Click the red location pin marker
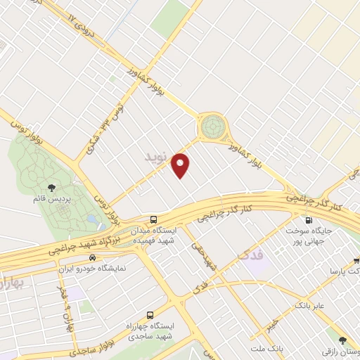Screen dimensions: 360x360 [x=181, y=165]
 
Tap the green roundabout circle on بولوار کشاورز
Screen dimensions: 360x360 [x=213, y=127]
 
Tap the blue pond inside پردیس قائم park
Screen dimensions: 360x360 [x=92, y=221]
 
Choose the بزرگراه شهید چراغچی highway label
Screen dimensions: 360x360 [x=84, y=241]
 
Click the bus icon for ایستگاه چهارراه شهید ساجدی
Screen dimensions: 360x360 [x=149, y=315]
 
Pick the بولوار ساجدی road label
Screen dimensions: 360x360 [x=91, y=347]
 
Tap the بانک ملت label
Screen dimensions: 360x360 [x=268, y=347]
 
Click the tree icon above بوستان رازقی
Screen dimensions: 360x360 [x=343, y=340]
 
